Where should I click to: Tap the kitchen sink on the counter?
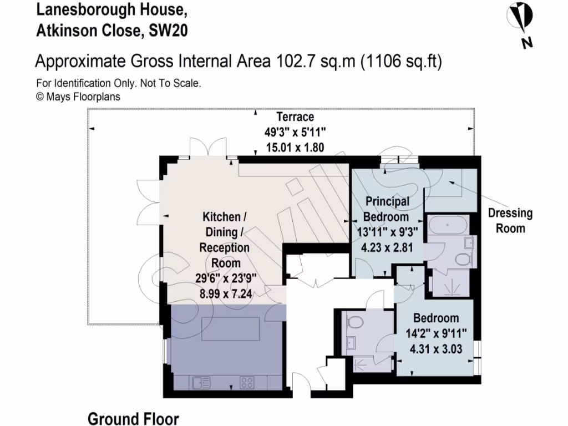[x=200, y=382]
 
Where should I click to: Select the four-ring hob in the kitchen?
[x=247, y=382]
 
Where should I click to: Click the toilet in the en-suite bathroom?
[x=461, y=259]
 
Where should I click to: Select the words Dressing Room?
[x=510, y=221]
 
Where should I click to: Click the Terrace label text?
[x=295, y=117]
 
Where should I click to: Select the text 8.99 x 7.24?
[x=225, y=294]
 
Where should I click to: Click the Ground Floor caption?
[x=134, y=418]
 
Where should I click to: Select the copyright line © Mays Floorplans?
[x=78, y=97]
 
